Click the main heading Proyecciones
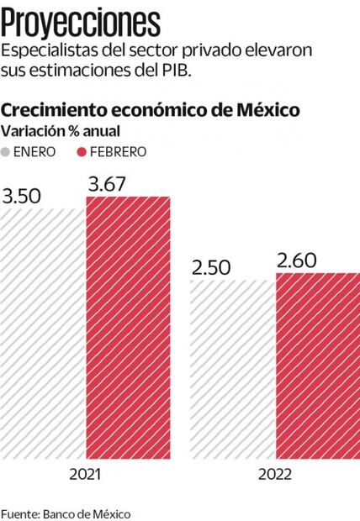(x=81, y=20)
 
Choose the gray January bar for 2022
(x=232, y=370)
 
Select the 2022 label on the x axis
(x=275, y=474)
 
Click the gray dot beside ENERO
(x=8, y=152)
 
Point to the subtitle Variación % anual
(x=61, y=131)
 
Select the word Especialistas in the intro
(x=47, y=50)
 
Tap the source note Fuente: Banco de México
(x=66, y=512)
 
